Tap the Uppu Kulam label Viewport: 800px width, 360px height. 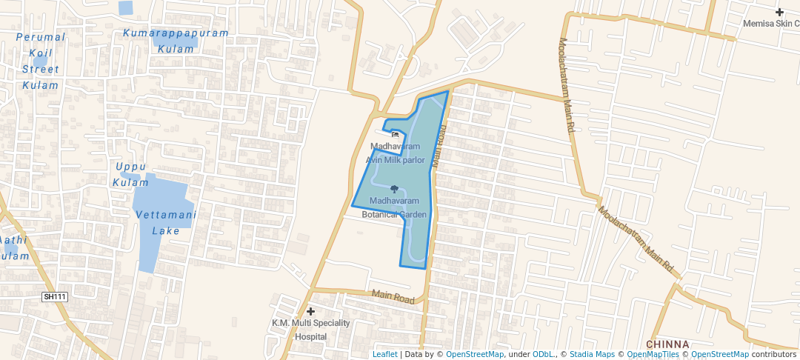(x=130, y=174)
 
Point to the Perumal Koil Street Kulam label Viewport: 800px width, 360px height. (x=40, y=61)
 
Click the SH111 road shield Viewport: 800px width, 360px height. (x=55, y=297)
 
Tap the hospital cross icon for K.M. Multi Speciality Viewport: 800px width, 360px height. (x=311, y=312)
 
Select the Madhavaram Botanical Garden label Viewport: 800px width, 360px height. (x=394, y=207)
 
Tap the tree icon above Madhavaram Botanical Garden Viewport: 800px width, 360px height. (x=394, y=190)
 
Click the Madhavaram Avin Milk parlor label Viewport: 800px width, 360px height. (x=395, y=153)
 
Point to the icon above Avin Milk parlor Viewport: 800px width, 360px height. (x=395, y=135)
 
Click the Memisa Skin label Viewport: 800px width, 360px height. (x=770, y=23)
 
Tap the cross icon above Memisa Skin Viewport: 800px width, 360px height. (x=780, y=12)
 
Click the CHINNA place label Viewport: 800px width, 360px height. (x=667, y=344)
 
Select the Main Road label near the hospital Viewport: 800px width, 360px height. (x=393, y=298)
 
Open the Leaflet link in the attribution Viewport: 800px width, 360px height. (x=384, y=354)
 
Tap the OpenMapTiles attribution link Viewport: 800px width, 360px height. (x=653, y=354)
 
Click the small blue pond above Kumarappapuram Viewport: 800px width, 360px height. (x=125, y=8)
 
